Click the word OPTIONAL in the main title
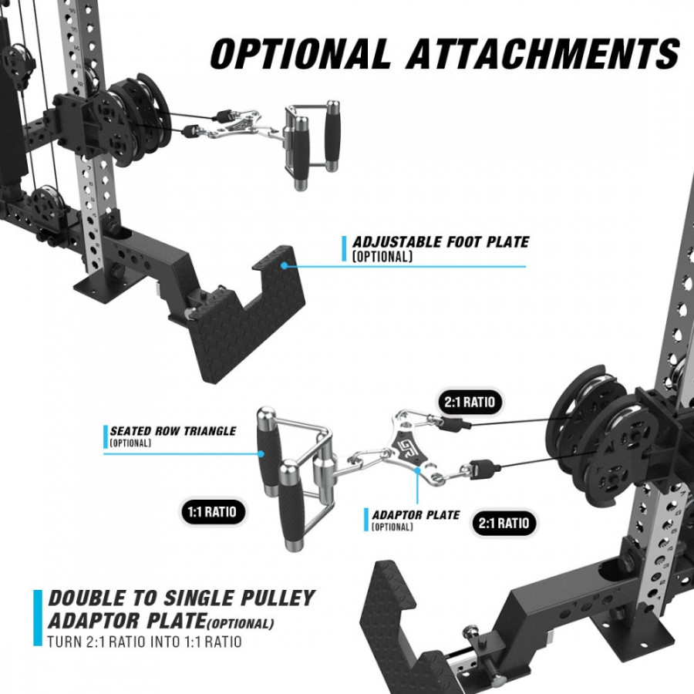[x=300, y=53]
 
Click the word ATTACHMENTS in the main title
[x=543, y=53]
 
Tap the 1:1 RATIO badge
[x=212, y=512]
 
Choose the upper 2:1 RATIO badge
[x=470, y=402]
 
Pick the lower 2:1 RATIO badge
[x=504, y=523]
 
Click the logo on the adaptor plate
[x=404, y=450]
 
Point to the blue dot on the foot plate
[x=284, y=265]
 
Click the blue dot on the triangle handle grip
[x=261, y=453]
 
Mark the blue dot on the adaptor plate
[x=417, y=470]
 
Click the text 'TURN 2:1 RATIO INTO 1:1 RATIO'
[x=145, y=642]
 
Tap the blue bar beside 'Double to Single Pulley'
[x=38, y=618]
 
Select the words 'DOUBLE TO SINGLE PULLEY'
[x=181, y=598]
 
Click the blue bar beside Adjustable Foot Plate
[x=344, y=248]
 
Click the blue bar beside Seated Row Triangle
[x=106, y=436]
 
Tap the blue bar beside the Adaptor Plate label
[x=366, y=520]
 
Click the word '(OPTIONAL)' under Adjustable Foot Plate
[x=382, y=257]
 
